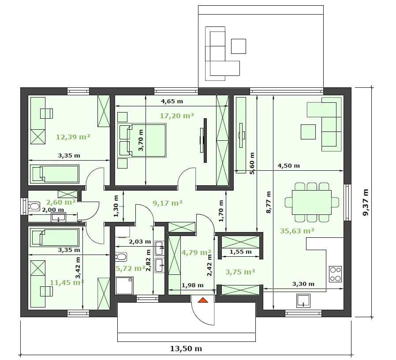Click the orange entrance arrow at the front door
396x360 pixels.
tap(202, 300)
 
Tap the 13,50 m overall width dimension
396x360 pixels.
tap(186, 349)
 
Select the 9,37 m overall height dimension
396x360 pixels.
tap(366, 202)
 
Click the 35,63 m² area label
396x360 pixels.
tap(297, 231)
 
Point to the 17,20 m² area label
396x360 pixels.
tap(177, 116)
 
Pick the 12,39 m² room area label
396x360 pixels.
tap(73, 137)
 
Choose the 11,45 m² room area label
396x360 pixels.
tap(67, 282)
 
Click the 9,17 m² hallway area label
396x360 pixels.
tap(168, 203)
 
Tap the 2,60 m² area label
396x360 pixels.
tap(61, 202)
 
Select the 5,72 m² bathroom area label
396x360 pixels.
tap(131, 268)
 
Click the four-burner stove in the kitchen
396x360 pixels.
tap(336, 274)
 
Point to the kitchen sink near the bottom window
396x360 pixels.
tap(303, 300)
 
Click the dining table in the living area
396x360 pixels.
tap(312, 202)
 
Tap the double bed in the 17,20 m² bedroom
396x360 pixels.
tap(142, 140)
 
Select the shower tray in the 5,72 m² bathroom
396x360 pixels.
tap(124, 286)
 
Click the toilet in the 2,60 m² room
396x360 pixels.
tap(34, 206)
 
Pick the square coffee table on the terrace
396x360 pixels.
tap(239, 46)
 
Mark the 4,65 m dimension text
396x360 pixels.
tap(172, 101)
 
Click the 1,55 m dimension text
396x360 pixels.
tap(240, 252)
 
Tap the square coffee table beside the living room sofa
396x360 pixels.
tap(308, 132)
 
